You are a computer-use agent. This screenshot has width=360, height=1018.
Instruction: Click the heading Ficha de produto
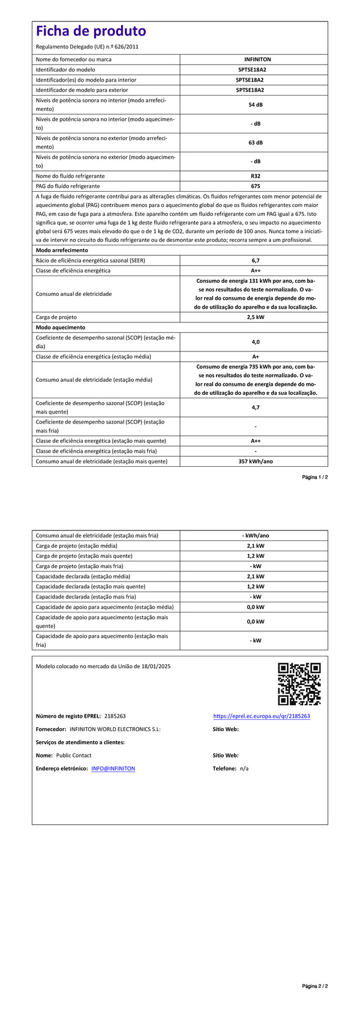[x=91, y=31]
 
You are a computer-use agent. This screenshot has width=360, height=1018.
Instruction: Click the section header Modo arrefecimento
[x=62, y=250]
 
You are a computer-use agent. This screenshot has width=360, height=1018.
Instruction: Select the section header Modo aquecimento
[x=60, y=327]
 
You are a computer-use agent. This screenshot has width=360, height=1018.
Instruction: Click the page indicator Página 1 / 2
[x=314, y=477]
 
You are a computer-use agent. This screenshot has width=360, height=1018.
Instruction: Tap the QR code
[x=299, y=684]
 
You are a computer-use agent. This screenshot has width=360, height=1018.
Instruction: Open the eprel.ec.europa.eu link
[x=262, y=716]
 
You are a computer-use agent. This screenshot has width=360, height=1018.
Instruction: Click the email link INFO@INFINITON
[x=113, y=768]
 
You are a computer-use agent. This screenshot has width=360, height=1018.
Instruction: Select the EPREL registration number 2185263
[x=115, y=716]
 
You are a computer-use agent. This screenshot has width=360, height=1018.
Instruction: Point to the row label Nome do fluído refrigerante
[x=70, y=176]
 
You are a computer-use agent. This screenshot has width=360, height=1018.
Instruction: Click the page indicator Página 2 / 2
[x=314, y=1002]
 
